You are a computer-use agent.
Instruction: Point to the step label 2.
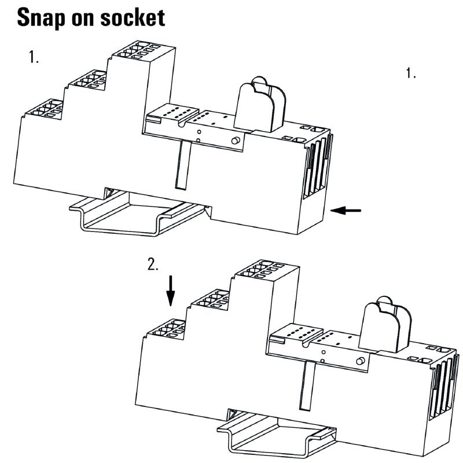(153, 264)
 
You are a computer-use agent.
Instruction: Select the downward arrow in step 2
(170, 291)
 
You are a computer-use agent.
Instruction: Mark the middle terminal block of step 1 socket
(87, 80)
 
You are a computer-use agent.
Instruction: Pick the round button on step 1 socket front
(236, 141)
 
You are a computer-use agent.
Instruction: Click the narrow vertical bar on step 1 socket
(181, 164)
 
